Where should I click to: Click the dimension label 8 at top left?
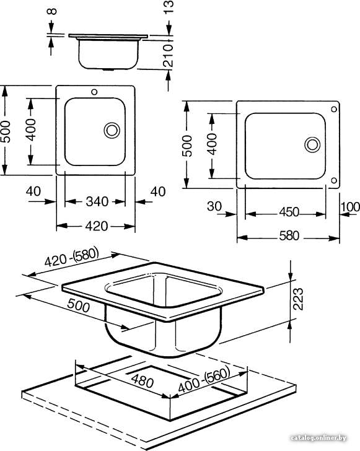pyautogui.click(x=52, y=11)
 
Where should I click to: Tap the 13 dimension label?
pyautogui.click(x=169, y=7)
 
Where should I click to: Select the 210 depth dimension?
pyautogui.click(x=168, y=56)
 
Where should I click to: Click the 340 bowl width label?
pyautogui.click(x=97, y=201)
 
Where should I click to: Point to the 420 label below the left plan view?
pyautogui.click(x=97, y=226)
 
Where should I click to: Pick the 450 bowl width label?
pyautogui.click(x=289, y=212)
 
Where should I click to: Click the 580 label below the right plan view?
pyautogui.click(x=289, y=236)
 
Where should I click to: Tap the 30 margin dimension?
pyautogui.click(x=214, y=206)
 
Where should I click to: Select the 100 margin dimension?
pyautogui.click(x=350, y=207)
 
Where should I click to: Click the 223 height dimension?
pyautogui.click(x=298, y=299)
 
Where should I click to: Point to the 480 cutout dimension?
pyautogui.click(x=142, y=381)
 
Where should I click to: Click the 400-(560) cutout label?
pyautogui.click(x=204, y=380)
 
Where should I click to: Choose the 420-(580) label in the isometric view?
pyautogui.click(x=72, y=257)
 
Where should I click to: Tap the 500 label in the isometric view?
pyautogui.click(x=78, y=305)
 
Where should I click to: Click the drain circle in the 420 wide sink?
pyautogui.click(x=112, y=130)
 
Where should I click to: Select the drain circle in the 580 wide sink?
pyautogui.click(x=312, y=145)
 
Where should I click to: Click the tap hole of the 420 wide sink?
pyautogui.click(x=94, y=92)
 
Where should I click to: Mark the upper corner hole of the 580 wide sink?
pyautogui.click(x=334, y=109)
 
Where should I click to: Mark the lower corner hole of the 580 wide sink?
pyautogui.click(x=334, y=180)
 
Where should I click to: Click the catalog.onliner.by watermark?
pyautogui.click(x=318, y=438)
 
